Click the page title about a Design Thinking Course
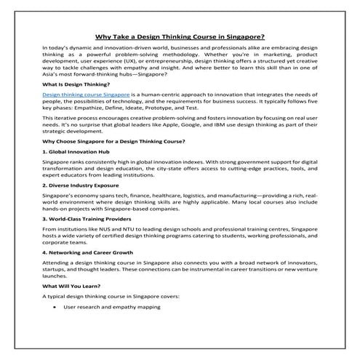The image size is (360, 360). click(180, 35)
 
